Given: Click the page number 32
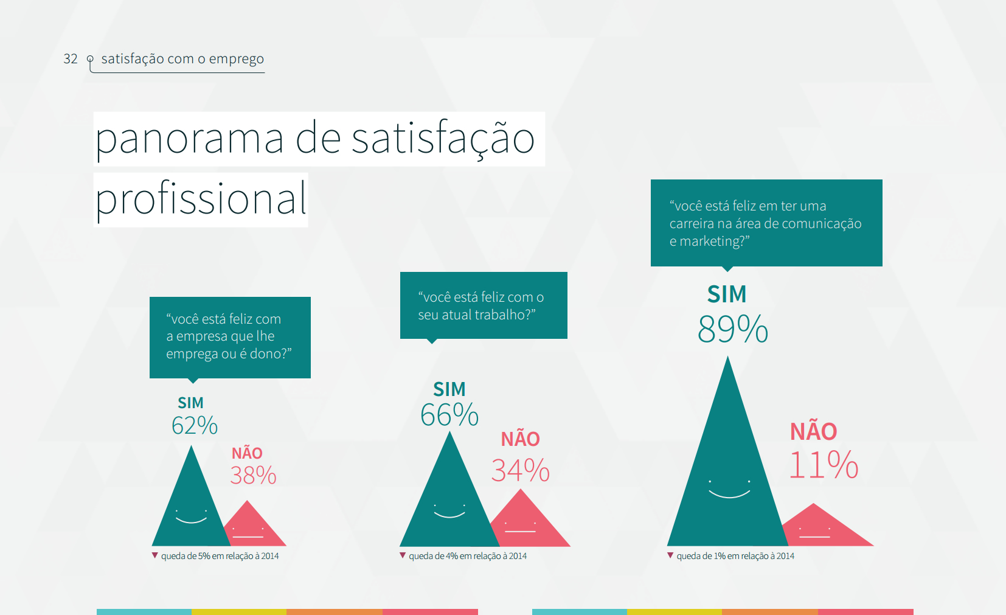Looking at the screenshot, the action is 71,59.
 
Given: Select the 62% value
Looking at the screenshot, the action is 195,425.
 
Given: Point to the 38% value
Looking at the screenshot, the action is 253,475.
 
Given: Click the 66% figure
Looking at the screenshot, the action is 449,415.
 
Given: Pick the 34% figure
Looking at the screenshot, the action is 521,470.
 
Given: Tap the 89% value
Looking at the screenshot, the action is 733,329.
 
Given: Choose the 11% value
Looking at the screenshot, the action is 824,465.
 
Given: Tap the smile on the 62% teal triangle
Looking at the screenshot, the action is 192,520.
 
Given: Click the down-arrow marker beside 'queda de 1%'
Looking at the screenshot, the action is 670,555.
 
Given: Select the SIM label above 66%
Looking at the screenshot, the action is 449,389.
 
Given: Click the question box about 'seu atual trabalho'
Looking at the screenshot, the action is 484,305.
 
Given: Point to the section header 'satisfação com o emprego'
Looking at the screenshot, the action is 182,59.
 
